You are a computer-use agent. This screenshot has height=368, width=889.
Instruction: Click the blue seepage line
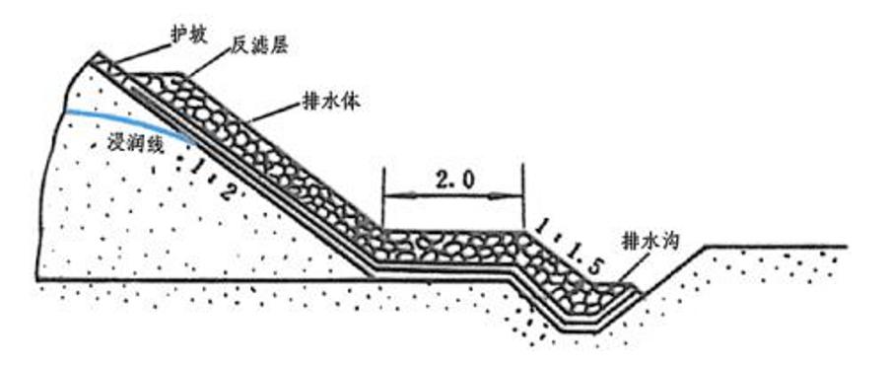click(118, 115)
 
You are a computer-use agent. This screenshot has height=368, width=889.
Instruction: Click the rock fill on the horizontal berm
click(448, 242)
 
